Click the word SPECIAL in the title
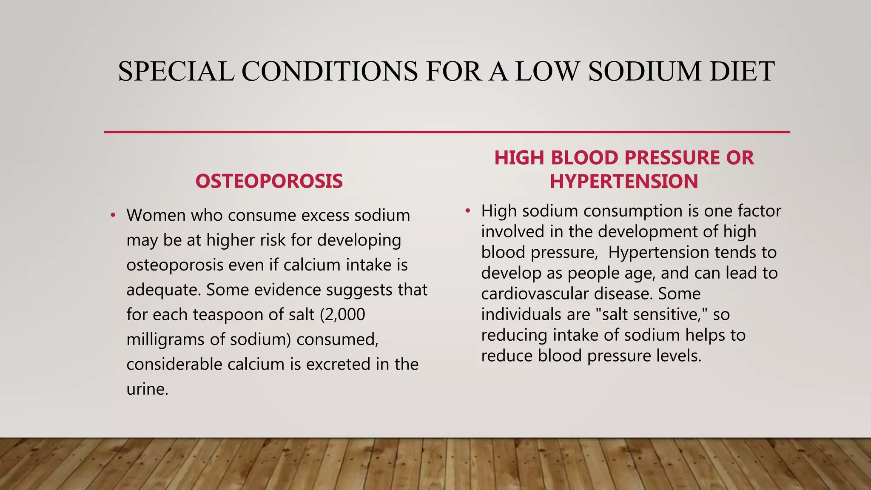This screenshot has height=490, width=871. click(x=176, y=71)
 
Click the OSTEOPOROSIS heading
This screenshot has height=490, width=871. click(x=269, y=182)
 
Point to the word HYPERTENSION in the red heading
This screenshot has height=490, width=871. click(x=623, y=182)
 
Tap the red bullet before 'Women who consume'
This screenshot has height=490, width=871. click(x=113, y=215)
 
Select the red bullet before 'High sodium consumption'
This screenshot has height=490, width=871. click(x=468, y=211)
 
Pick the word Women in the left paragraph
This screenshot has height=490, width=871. click(x=156, y=215)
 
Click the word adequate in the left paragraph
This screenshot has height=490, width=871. click(x=163, y=290)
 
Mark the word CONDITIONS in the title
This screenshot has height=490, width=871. click(x=330, y=71)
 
